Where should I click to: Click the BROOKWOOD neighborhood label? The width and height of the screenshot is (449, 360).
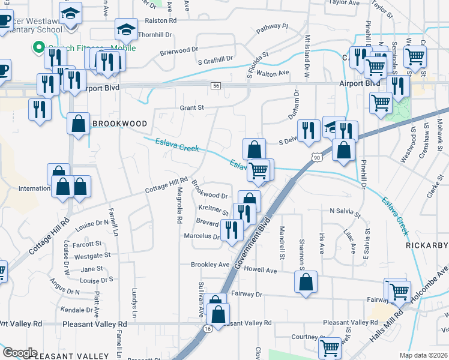119,124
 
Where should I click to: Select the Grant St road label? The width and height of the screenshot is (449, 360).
192,108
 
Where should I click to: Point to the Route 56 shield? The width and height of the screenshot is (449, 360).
216,86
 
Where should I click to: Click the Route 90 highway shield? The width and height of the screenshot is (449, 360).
316,157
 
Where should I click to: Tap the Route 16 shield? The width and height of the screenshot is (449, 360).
208,329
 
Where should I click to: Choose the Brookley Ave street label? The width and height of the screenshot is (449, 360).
210,265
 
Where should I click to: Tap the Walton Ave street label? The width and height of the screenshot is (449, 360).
273,73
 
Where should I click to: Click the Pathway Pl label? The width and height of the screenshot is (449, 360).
272,29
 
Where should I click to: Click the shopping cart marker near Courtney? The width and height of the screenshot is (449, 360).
330,347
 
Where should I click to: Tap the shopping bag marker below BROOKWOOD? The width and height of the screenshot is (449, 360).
78,124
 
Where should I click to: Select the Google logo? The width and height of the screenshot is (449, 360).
20,353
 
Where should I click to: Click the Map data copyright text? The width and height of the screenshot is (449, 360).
424,355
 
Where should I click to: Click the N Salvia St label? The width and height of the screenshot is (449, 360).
345,212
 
